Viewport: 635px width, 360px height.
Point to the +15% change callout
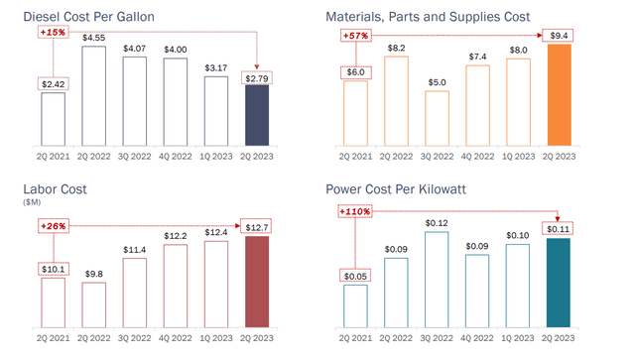click(54, 33)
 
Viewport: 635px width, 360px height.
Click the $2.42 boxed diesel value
click(54, 84)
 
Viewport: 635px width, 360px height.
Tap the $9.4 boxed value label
click(560, 37)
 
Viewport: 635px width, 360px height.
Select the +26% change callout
click(54, 225)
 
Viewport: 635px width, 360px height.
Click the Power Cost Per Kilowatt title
click(403, 188)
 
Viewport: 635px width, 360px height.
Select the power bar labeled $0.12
click(436, 278)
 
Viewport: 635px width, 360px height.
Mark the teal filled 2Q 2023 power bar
click(560, 283)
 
